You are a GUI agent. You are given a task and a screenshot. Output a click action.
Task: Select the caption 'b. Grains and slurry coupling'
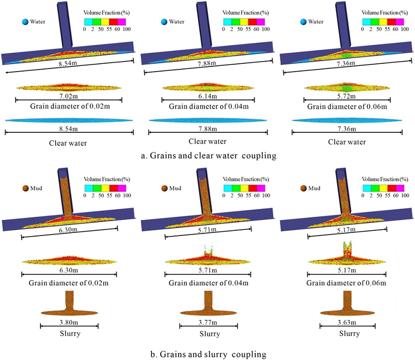(208, 354)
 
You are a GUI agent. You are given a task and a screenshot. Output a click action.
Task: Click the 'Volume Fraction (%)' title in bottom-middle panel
(244, 173)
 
